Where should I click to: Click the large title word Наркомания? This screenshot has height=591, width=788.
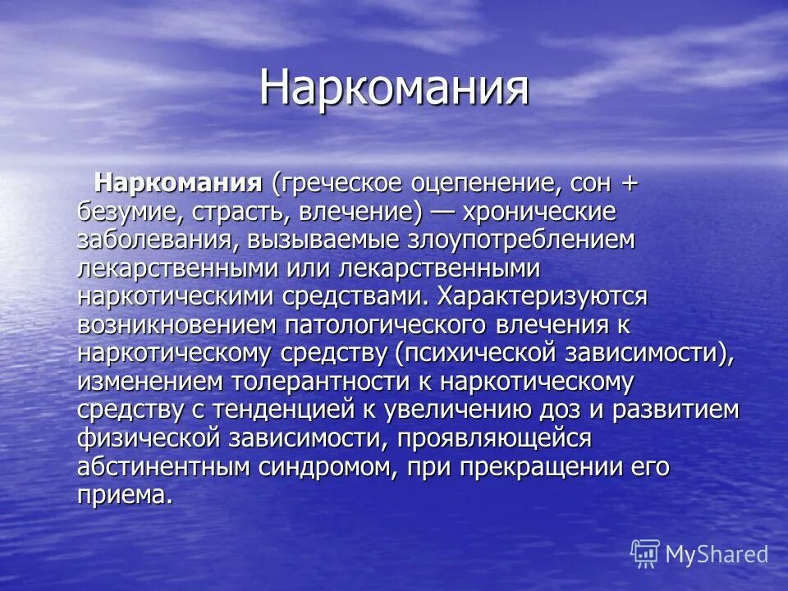pyautogui.click(x=394, y=88)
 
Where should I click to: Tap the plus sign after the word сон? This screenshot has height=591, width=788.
pyautogui.click(x=628, y=183)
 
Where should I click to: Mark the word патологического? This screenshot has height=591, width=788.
pyautogui.click(x=387, y=325)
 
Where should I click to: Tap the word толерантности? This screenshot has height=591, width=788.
pyautogui.click(x=329, y=382)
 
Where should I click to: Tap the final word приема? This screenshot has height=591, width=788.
pyautogui.click(x=126, y=496)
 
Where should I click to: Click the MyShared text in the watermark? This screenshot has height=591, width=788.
pyautogui.click(x=717, y=555)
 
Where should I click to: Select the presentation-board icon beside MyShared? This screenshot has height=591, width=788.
pyautogui.click(x=645, y=554)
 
